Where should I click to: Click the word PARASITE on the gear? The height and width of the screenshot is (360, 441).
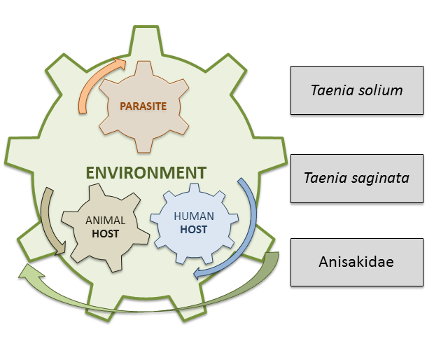(143, 106)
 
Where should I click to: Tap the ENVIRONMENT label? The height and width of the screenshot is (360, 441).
(146, 172)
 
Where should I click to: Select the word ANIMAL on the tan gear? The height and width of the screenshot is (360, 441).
(105, 221)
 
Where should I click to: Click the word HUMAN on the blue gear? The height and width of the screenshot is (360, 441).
(194, 217)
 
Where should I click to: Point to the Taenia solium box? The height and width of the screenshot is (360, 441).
(356, 90)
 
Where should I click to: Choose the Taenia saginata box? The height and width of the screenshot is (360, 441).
(356, 178)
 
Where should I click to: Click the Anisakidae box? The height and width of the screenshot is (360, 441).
(356, 262)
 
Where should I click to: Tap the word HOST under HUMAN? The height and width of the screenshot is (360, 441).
(194, 230)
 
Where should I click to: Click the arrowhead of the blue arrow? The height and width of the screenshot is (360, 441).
(199, 272)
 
